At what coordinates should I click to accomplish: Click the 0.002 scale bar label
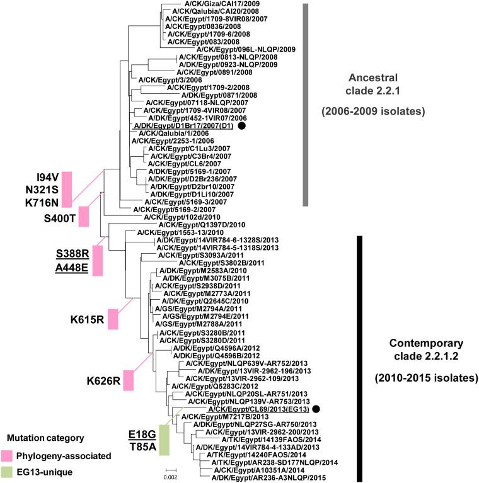click(x=171, y=477)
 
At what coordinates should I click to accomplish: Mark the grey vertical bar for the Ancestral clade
click(x=305, y=105)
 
